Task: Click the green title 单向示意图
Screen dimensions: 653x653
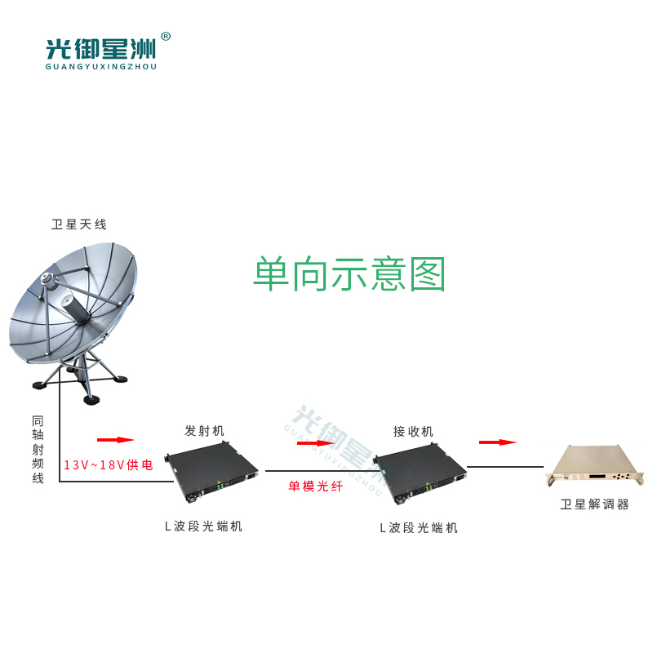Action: pyautogui.click(x=349, y=273)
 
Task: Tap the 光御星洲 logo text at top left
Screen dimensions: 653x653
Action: pyautogui.click(x=100, y=50)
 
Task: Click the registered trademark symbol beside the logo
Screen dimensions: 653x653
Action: pyautogui.click(x=166, y=37)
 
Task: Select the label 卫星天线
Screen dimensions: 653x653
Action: pyautogui.click(x=78, y=224)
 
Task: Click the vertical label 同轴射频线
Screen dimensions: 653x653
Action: pyautogui.click(x=38, y=450)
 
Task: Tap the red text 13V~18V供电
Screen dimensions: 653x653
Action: pyautogui.click(x=109, y=464)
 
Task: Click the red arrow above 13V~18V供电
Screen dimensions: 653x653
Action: pyautogui.click(x=116, y=440)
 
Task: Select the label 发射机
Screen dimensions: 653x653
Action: pyautogui.click(x=205, y=431)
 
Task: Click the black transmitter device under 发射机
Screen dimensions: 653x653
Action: pyautogui.click(x=211, y=473)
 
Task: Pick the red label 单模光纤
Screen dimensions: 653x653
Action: pyautogui.click(x=316, y=486)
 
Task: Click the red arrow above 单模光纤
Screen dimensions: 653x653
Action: pyautogui.click(x=315, y=443)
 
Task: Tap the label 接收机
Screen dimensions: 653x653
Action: pyautogui.click(x=413, y=432)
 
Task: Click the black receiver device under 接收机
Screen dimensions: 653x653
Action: pyautogui.click(x=420, y=474)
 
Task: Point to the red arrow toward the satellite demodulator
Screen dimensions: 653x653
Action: pyautogui.click(x=498, y=442)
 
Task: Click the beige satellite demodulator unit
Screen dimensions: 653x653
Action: pyautogui.click(x=595, y=466)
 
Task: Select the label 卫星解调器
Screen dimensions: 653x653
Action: pyautogui.click(x=594, y=504)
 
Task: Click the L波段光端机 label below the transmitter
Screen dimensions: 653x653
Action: pyautogui.click(x=203, y=526)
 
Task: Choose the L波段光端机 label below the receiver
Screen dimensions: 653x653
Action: pyautogui.click(x=419, y=528)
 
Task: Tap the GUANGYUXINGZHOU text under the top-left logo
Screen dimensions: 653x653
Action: pyautogui.click(x=100, y=67)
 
